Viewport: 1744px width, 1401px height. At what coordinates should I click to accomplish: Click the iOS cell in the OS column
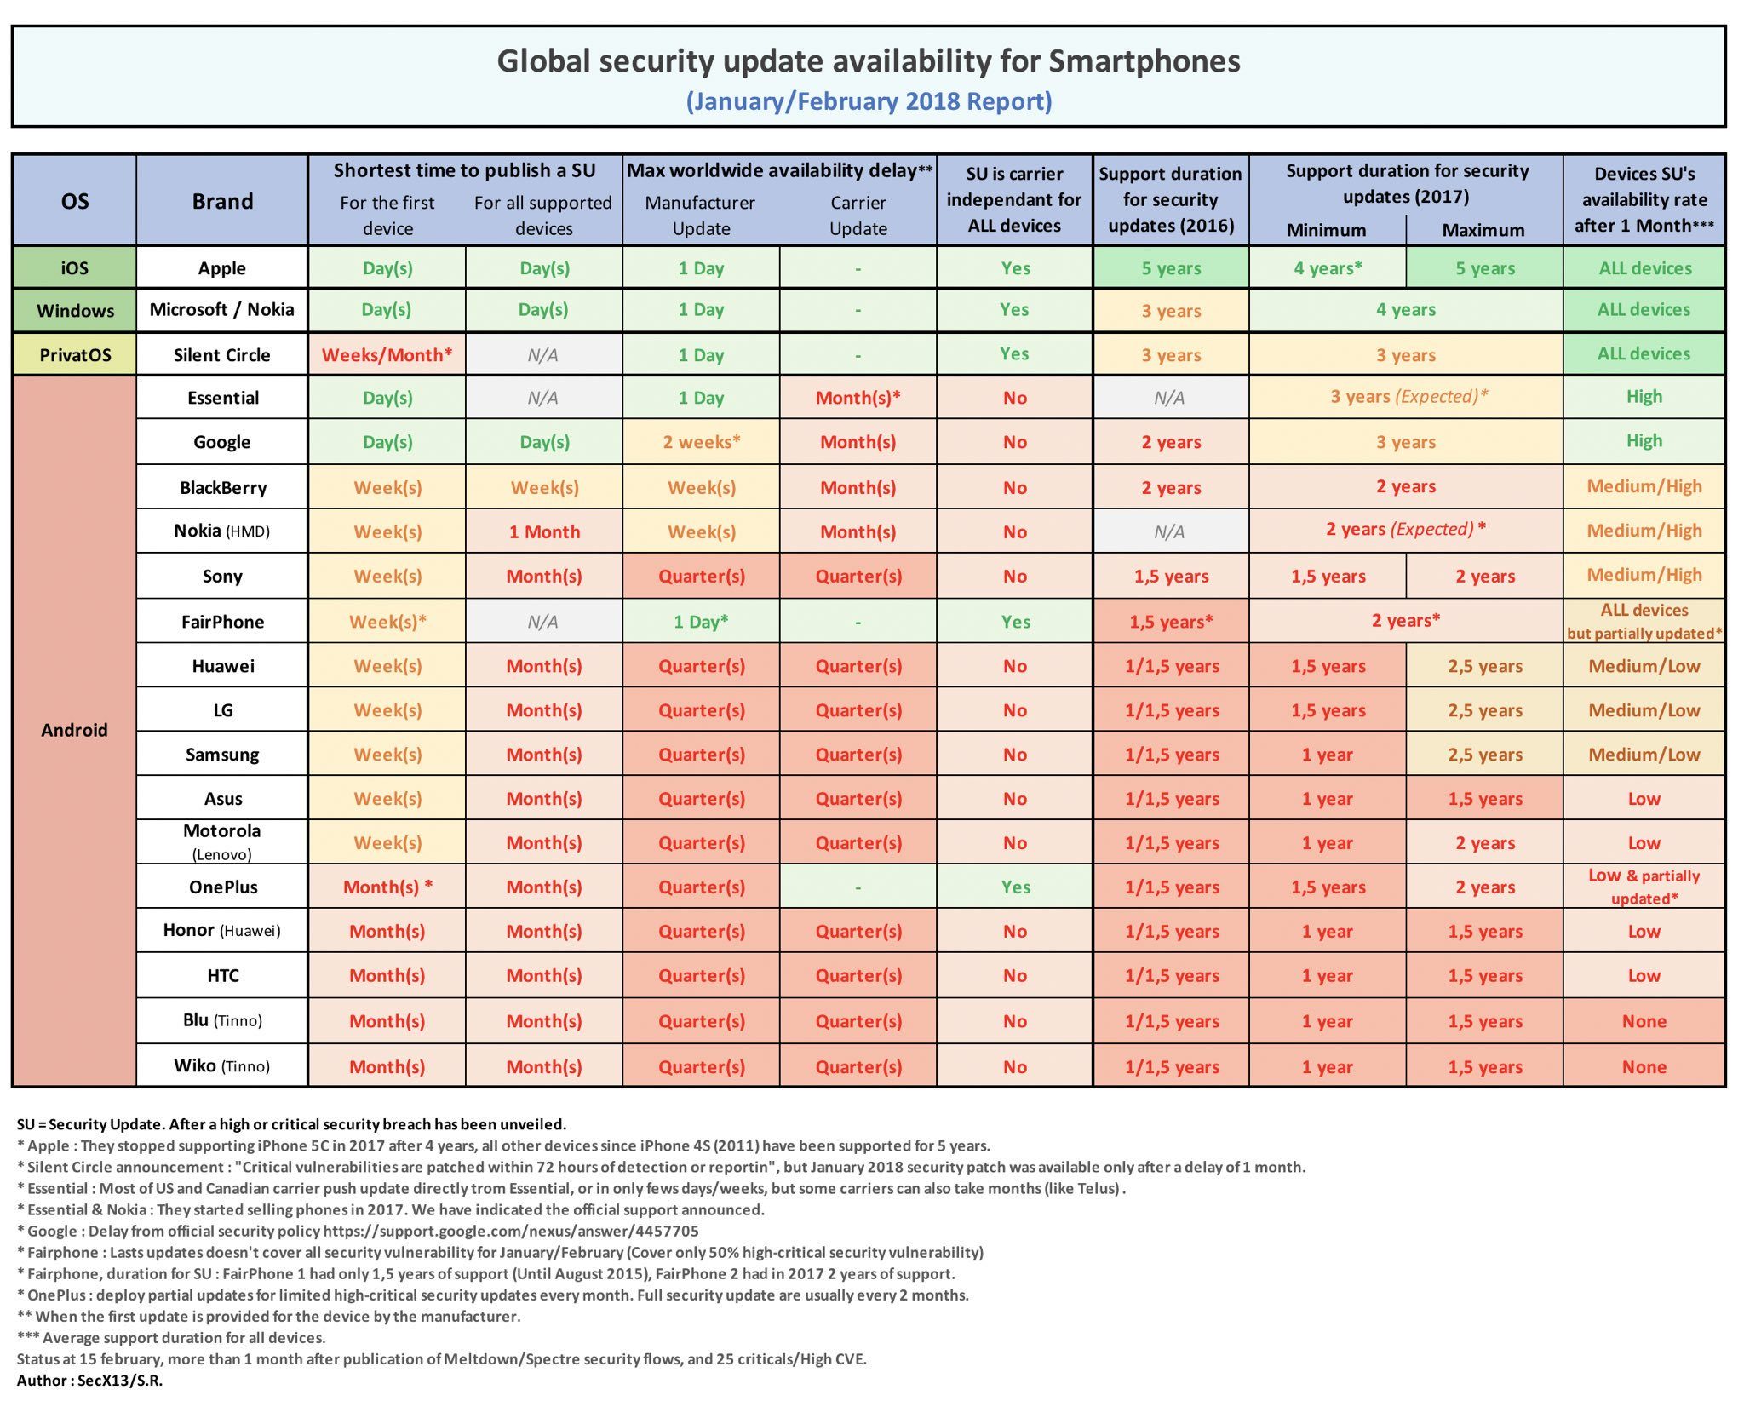pyautogui.click(x=74, y=268)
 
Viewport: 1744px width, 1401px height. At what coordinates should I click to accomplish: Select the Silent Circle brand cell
pyautogui.click(x=221, y=355)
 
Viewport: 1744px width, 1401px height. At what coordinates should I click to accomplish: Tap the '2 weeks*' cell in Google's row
pyautogui.click(x=701, y=442)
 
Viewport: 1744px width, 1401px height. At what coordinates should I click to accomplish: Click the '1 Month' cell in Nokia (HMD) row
pyautogui.click(x=544, y=532)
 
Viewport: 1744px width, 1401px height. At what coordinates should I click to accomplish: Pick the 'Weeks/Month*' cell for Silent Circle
pyautogui.click(x=387, y=355)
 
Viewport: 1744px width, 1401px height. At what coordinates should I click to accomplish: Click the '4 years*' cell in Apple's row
pyautogui.click(x=1327, y=268)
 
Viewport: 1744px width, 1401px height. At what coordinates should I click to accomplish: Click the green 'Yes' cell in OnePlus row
pyautogui.click(x=1014, y=887)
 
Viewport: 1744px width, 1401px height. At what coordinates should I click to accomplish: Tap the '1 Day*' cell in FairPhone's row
pyautogui.click(x=701, y=622)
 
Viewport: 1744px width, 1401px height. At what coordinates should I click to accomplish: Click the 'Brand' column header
pyautogui.click(x=221, y=202)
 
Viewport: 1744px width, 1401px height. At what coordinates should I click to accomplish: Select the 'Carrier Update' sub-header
pyautogui.click(x=858, y=215)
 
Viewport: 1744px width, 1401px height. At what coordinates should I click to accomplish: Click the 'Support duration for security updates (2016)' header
pyautogui.click(x=1170, y=200)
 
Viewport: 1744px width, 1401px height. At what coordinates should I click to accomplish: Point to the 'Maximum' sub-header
pyautogui.click(x=1483, y=230)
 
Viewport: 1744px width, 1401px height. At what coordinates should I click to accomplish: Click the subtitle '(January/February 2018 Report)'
pyautogui.click(x=869, y=101)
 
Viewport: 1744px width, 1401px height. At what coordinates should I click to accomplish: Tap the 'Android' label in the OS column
pyautogui.click(x=74, y=730)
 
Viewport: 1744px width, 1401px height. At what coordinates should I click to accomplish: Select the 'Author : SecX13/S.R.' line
pyautogui.click(x=89, y=1381)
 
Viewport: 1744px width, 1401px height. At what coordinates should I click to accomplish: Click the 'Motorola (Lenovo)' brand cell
pyautogui.click(x=221, y=841)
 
